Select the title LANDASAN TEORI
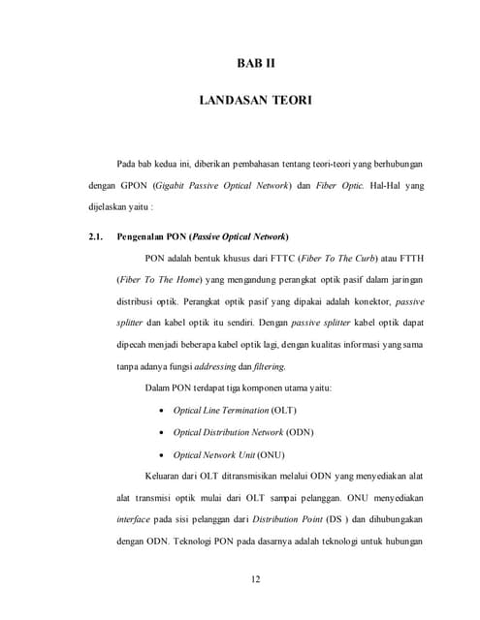(256, 100)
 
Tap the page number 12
(256, 579)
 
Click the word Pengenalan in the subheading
(143, 236)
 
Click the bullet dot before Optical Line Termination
(161, 411)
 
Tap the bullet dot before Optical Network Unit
(161, 454)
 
